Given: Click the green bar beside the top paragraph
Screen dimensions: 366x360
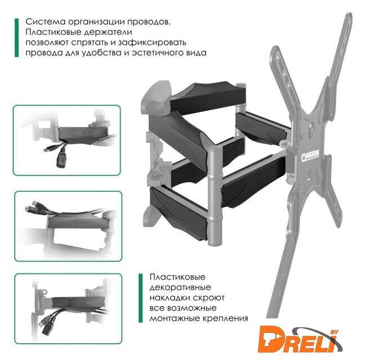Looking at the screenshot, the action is [16, 38].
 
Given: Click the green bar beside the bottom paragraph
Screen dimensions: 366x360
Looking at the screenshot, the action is [141, 298].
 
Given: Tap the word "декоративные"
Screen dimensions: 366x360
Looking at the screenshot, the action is [180, 288].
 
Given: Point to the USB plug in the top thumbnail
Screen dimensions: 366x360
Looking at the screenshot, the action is [50, 148].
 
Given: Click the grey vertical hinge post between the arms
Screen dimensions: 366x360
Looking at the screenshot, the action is [214, 196].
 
